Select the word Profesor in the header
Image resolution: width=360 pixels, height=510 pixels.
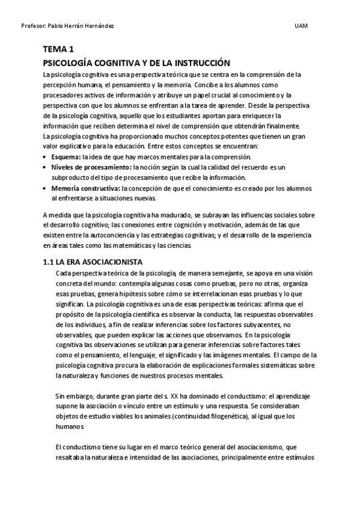(x=31, y=26)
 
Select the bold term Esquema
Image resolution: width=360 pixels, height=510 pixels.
(x=66, y=156)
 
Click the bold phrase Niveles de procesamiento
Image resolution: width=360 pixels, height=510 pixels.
(x=91, y=167)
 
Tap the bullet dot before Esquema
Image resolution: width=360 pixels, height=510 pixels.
(x=46, y=156)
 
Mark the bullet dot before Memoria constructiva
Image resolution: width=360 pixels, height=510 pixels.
(x=46, y=188)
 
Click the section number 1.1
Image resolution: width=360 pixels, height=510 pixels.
(x=49, y=262)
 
